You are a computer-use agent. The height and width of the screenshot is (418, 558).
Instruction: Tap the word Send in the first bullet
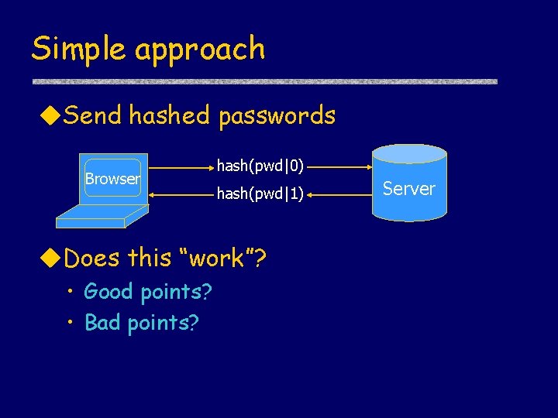point(93,116)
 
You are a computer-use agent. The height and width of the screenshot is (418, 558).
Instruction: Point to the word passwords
point(277,117)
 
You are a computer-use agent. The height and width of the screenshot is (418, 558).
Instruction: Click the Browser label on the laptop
point(112,179)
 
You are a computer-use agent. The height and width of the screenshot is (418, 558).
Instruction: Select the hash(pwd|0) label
point(260,165)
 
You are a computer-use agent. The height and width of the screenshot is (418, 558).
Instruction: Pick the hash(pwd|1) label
point(260,194)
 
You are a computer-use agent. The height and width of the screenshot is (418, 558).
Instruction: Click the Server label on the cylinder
point(409,189)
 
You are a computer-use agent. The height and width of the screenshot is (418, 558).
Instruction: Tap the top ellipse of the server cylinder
point(409,152)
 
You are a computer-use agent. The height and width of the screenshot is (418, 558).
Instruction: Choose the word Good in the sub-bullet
point(109,292)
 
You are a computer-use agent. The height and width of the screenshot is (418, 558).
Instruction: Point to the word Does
point(93,258)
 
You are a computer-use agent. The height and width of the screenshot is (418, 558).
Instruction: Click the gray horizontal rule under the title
point(263,81)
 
